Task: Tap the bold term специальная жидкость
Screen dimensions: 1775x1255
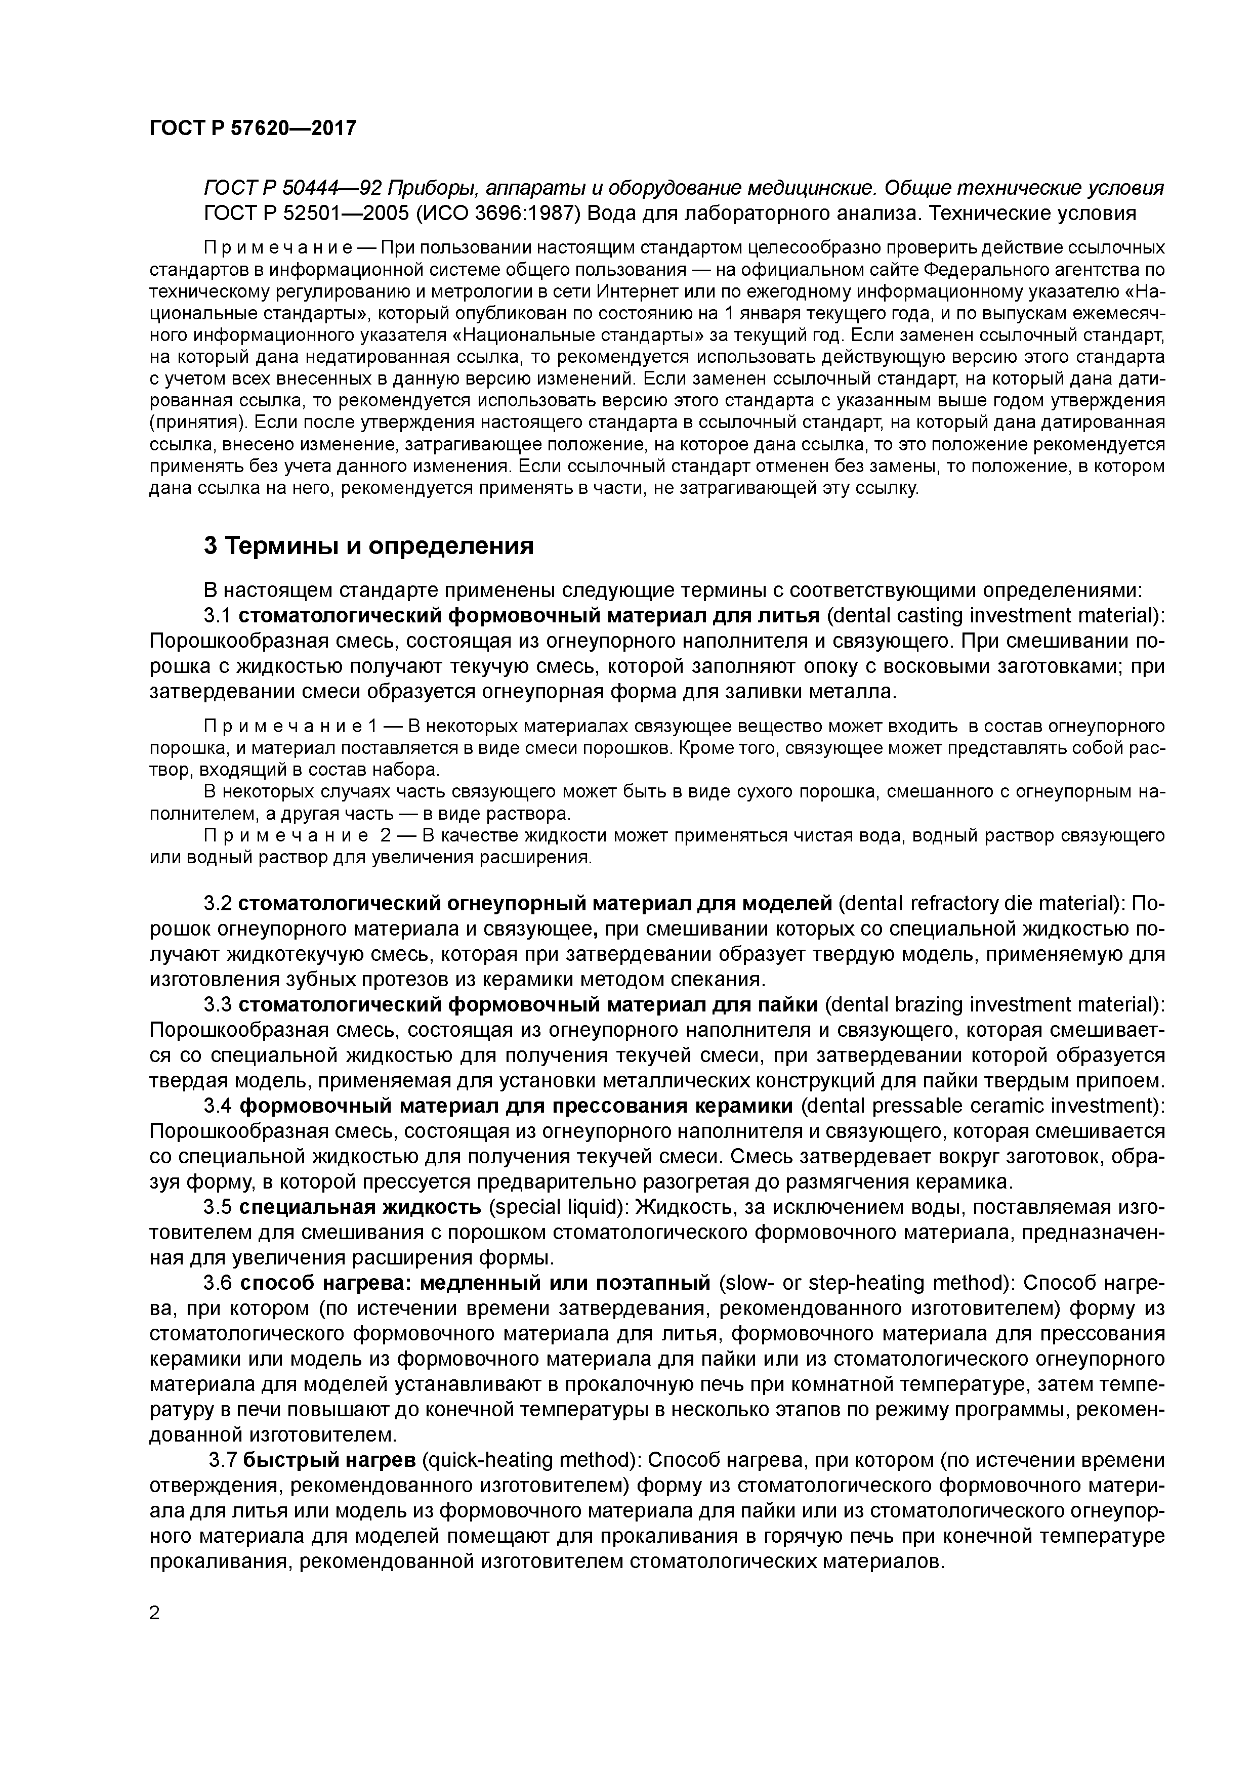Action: pyautogui.click(x=361, y=1208)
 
